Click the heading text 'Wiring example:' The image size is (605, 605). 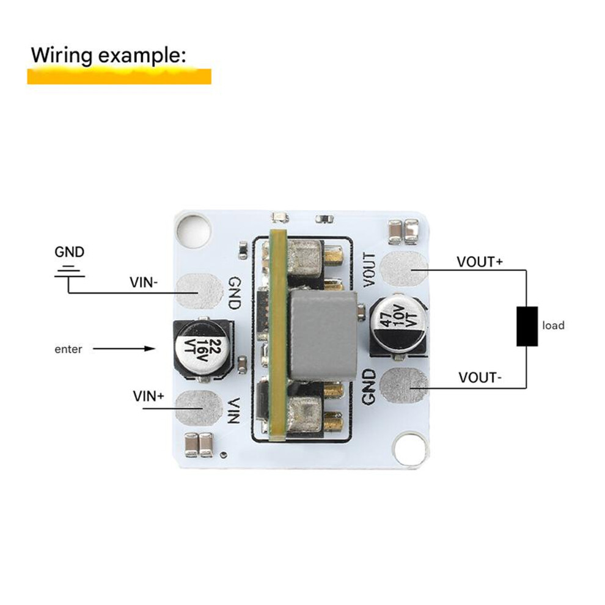(x=108, y=55)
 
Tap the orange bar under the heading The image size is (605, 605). (x=119, y=76)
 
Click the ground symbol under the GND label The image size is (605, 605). (x=70, y=271)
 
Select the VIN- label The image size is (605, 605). (x=144, y=282)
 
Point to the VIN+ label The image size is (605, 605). (x=148, y=396)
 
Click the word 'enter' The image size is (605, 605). (x=68, y=349)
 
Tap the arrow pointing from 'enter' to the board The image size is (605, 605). (x=124, y=349)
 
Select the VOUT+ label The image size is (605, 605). (x=480, y=262)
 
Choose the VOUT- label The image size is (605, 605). (x=480, y=377)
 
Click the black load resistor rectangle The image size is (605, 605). (x=527, y=326)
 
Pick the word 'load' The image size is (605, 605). (x=553, y=326)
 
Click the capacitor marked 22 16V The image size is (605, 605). (x=202, y=349)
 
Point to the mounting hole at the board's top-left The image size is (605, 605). (x=194, y=231)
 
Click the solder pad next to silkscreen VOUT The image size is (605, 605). (x=403, y=269)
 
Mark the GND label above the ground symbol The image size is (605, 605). (x=70, y=252)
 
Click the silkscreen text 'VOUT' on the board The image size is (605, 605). (x=370, y=270)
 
